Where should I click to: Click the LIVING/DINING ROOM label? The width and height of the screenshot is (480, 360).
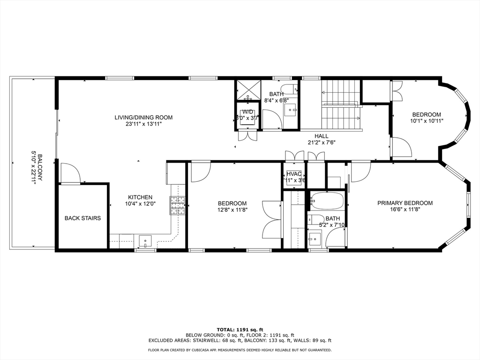[143, 117]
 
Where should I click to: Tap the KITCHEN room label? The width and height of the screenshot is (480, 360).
[141, 197]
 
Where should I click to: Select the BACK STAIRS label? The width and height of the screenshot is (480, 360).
[82, 218]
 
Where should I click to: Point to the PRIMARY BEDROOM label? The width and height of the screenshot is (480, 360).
[405, 203]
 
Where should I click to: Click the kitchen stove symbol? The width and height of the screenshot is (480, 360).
[178, 205]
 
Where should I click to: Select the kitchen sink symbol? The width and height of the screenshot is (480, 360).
[145, 241]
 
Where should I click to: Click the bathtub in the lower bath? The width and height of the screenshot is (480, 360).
[327, 201]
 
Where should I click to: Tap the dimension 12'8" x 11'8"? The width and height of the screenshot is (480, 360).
[232, 210]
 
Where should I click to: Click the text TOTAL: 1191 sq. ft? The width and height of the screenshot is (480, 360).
[240, 330]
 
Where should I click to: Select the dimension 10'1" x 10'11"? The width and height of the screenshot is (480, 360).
[426, 120]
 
